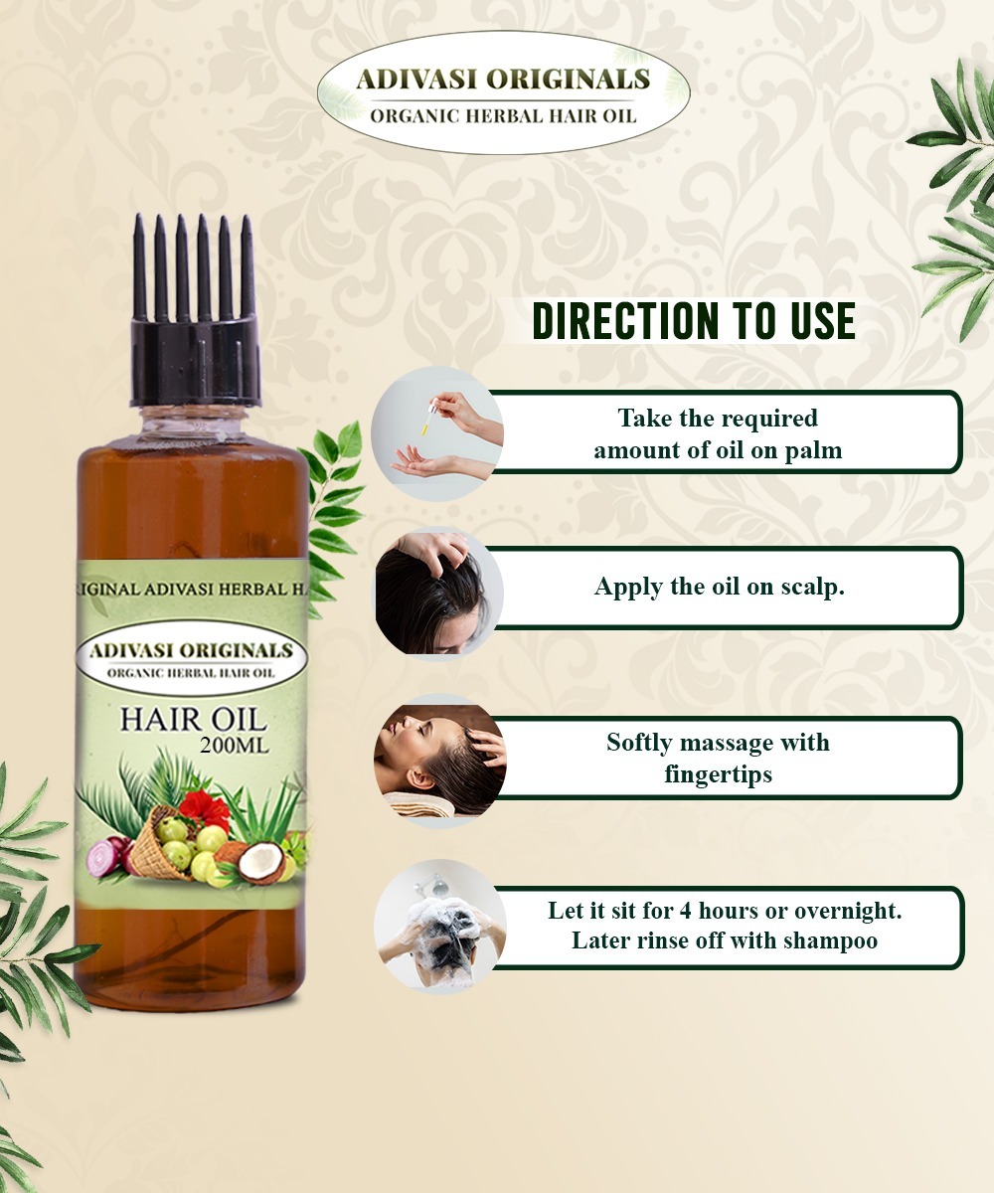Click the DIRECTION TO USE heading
click(694, 320)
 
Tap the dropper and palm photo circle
click(438, 432)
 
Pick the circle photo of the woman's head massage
click(439, 758)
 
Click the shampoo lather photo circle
click(439, 926)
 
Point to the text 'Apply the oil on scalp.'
click(719, 587)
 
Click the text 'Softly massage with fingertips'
click(718, 758)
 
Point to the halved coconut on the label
click(260, 861)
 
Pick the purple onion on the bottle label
click(103, 857)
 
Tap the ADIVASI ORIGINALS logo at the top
click(503, 92)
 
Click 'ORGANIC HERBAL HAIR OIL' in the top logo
click(503, 116)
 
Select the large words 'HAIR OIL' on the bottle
click(193, 718)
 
